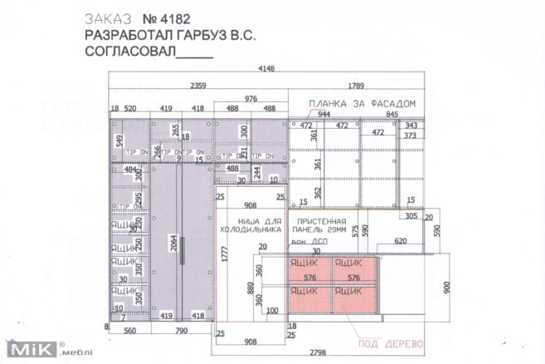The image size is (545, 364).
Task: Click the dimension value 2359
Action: pyautogui.click(x=199, y=85)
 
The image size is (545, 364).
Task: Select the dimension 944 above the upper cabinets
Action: pyautogui.click(x=324, y=115)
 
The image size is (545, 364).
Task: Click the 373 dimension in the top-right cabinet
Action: pyautogui.click(x=410, y=135)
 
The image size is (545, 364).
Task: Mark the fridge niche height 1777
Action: pyautogui.click(x=223, y=254)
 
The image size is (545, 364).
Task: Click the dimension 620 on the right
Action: pyautogui.click(x=401, y=241)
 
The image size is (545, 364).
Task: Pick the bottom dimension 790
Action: pyautogui.click(x=181, y=329)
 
